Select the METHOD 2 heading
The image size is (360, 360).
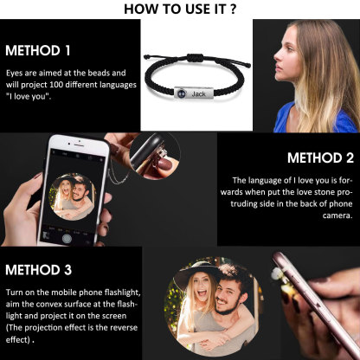[x=319, y=157]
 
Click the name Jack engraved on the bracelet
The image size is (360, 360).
[x=199, y=93]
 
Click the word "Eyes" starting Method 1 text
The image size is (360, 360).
[x=15, y=74]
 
